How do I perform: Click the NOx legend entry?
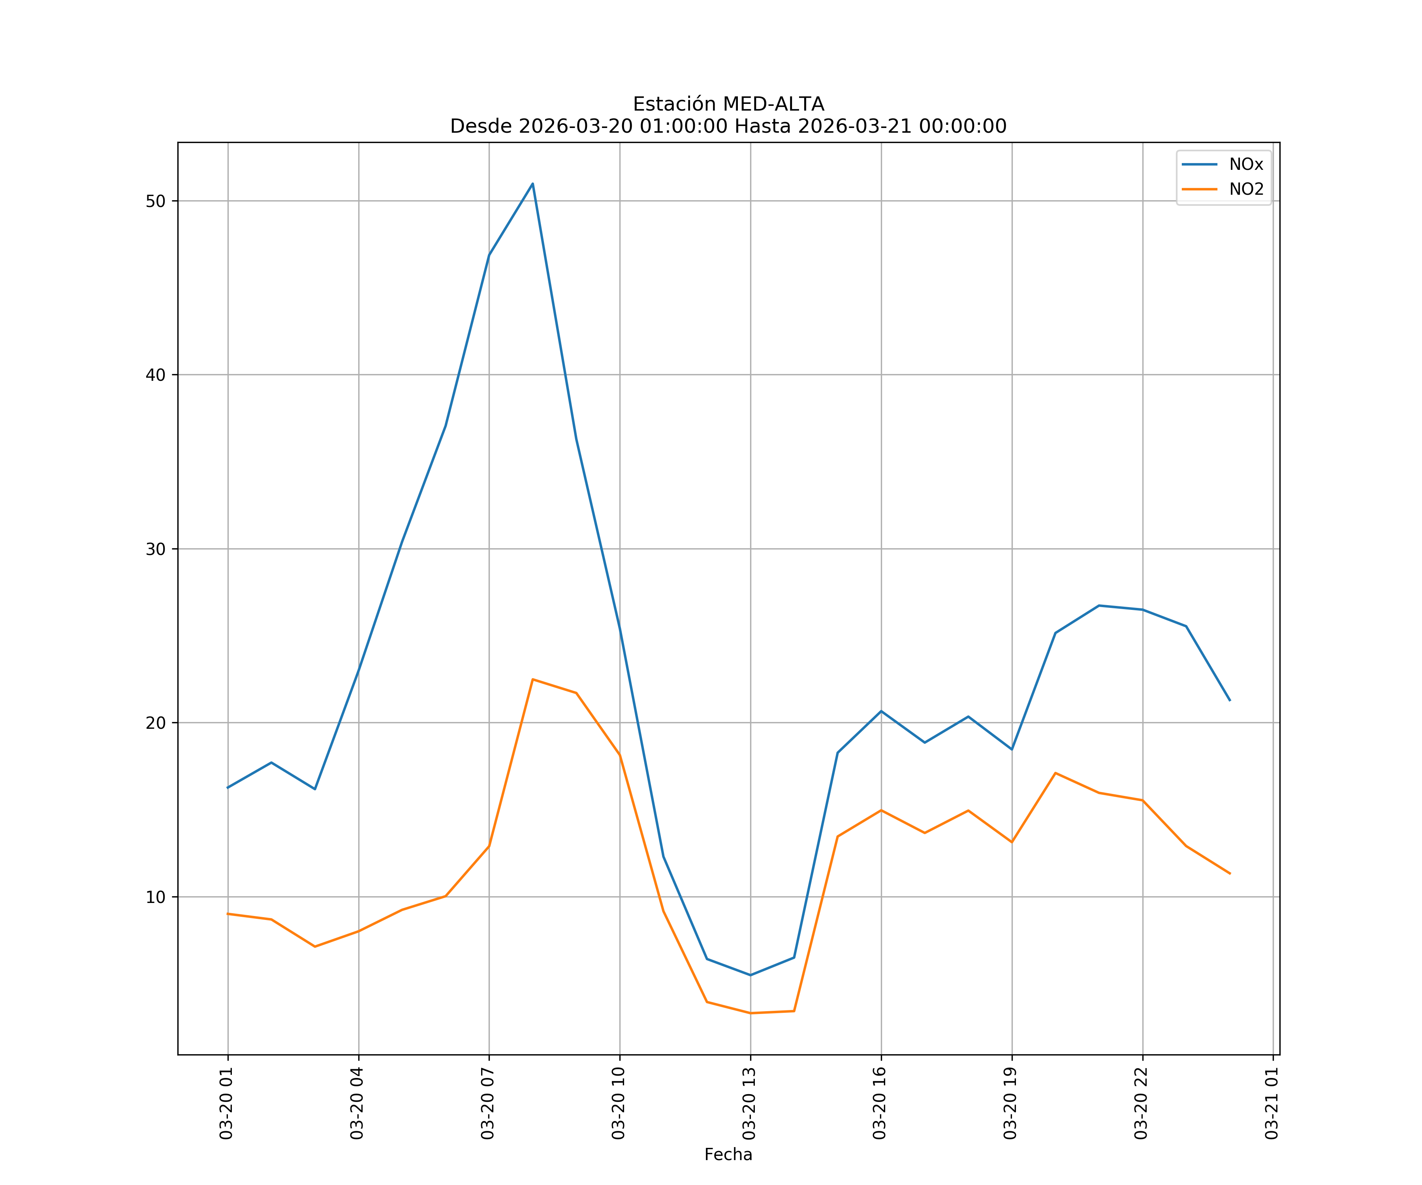click(x=1245, y=165)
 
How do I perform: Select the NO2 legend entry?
click(x=1246, y=190)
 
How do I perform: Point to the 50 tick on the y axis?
click(x=156, y=201)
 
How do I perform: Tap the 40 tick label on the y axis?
click(x=156, y=375)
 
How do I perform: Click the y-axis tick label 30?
click(x=156, y=549)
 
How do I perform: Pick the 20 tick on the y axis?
click(x=156, y=723)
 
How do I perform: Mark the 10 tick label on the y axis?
click(x=156, y=897)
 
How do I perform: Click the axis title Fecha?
click(x=728, y=1155)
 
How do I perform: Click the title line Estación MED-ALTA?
click(x=728, y=104)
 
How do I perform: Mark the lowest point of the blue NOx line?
click(x=750, y=975)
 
